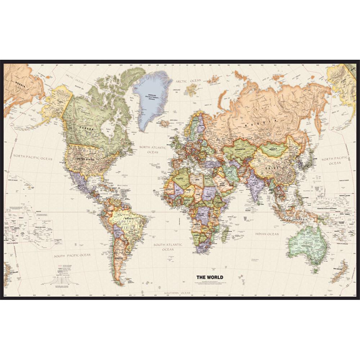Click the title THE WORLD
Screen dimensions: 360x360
click(x=210, y=277)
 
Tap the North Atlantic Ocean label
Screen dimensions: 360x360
click(x=153, y=150)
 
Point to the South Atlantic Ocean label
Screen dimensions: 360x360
click(x=168, y=247)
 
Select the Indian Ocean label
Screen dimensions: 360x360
click(x=267, y=234)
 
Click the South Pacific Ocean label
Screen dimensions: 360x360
click(x=72, y=255)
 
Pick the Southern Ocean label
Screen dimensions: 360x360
click(x=177, y=293)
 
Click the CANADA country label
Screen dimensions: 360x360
click(x=87, y=129)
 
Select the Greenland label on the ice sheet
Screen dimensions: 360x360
click(x=151, y=96)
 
